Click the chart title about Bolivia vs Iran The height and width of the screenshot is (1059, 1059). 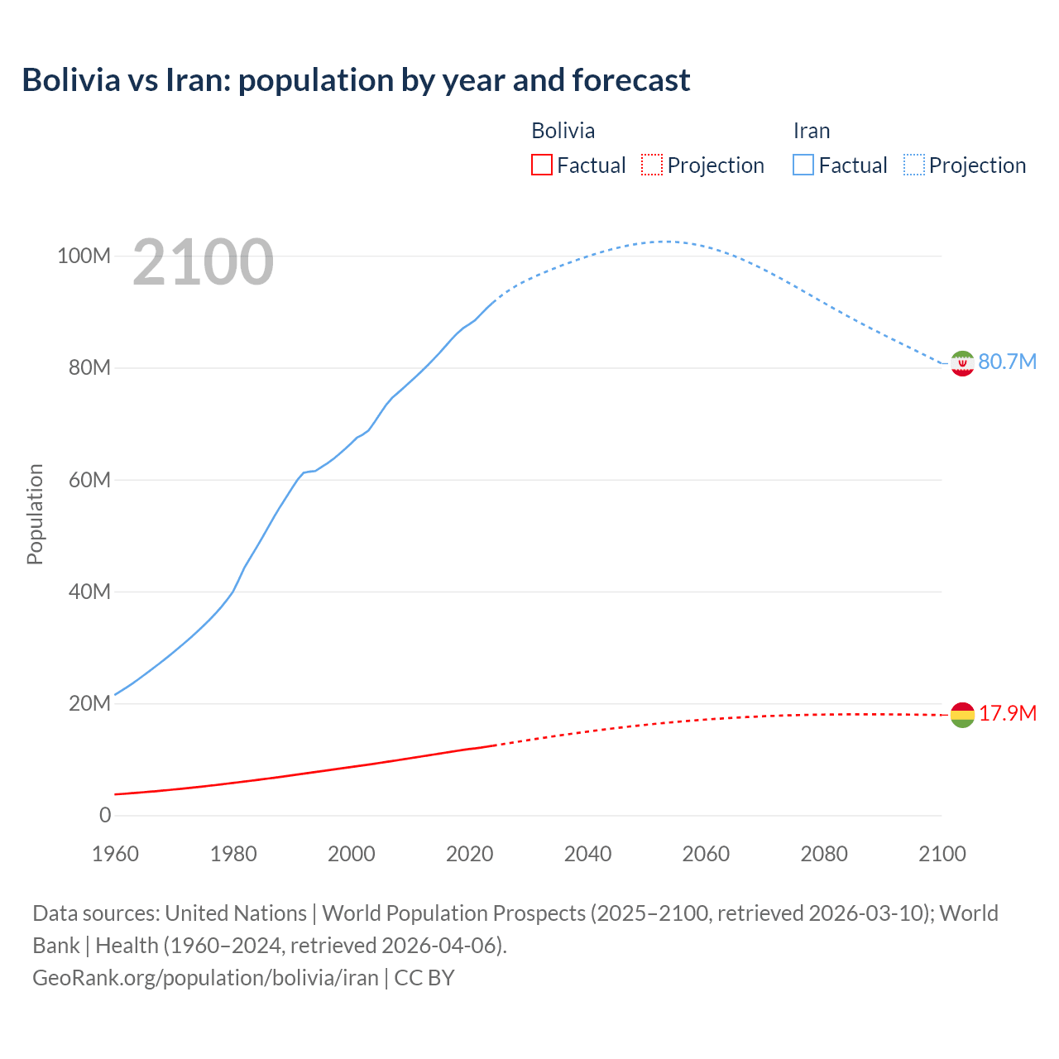[356, 80]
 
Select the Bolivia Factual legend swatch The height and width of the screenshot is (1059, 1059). [541, 165]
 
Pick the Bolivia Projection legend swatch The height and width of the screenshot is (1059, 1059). [652, 165]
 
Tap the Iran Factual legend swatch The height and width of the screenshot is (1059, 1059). [803, 165]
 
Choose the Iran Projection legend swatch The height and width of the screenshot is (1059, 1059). [913, 165]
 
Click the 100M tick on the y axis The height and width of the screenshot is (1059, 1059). [84, 256]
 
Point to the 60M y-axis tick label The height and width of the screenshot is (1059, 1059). [89, 480]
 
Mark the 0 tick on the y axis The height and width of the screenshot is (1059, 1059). [104, 815]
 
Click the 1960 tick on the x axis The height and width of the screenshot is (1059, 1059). [115, 854]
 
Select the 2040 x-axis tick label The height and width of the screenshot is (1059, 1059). [587, 854]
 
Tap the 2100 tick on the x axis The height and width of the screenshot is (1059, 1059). [942, 854]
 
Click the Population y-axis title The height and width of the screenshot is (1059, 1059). [35, 514]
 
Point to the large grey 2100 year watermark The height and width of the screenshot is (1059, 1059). [203, 262]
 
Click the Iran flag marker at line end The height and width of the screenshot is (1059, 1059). [962, 363]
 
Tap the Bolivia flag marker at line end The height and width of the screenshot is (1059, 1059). [962, 715]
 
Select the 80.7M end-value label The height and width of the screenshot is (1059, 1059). [1007, 362]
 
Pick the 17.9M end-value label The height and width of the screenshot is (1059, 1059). [1007, 714]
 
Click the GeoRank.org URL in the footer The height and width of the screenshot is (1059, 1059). [205, 977]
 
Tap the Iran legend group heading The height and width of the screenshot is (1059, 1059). [811, 131]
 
